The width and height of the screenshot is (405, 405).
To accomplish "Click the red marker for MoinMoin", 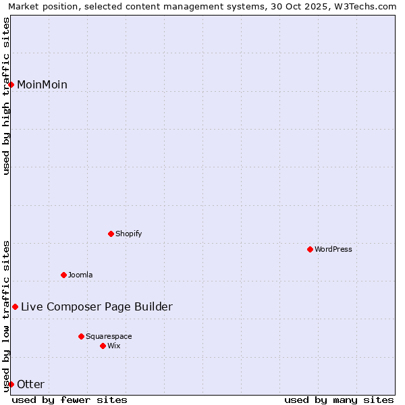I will tap(11, 84).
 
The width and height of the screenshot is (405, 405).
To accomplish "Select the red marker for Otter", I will tap(11, 384).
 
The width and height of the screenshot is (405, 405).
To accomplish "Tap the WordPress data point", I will tap(310, 249).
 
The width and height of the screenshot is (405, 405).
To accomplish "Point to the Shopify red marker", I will tap(111, 234).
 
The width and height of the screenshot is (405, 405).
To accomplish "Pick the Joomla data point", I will tap(63, 275).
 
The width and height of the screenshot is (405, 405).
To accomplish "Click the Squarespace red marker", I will tap(81, 336).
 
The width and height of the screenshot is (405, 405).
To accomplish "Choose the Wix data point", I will tap(103, 346).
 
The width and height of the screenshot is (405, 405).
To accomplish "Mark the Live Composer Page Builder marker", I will tap(15, 306).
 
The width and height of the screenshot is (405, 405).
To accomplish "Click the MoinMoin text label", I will tap(42, 84).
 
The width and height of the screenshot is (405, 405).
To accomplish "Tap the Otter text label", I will tap(30, 384).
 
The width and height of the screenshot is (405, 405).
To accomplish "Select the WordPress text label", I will tap(333, 249).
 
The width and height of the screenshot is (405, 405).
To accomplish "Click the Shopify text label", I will tap(128, 234).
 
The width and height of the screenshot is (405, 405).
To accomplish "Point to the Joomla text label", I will tap(80, 275).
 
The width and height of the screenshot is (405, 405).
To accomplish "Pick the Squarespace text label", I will tap(109, 336).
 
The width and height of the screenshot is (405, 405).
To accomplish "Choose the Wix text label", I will tap(114, 346).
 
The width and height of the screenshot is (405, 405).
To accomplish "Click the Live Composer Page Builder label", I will tap(97, 306).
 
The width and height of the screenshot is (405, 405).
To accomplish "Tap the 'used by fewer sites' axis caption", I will tap(70, 400).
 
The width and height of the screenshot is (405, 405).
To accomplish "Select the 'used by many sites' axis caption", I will tap(339, 400).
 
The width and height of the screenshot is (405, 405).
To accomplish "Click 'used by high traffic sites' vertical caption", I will tap(7, 96).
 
